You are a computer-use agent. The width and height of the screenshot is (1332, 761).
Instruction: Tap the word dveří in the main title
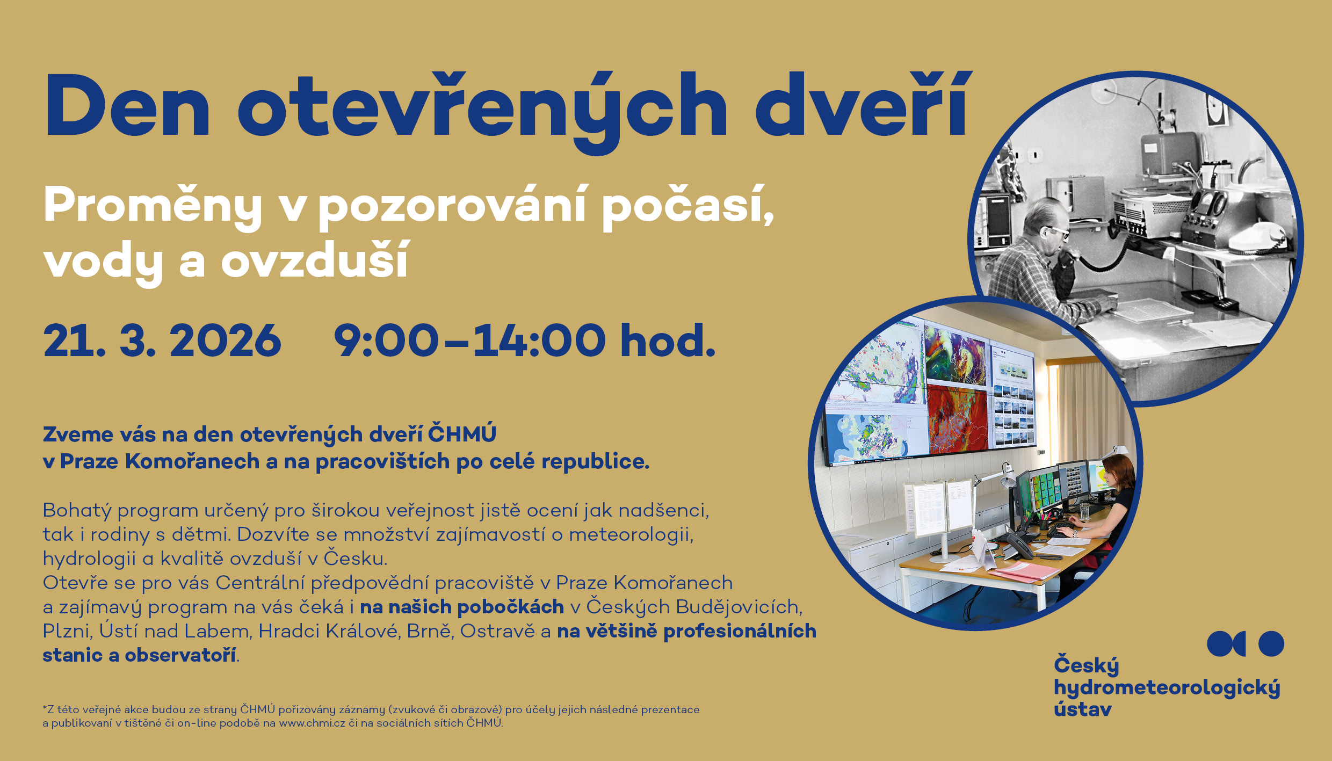[x=863, y=106]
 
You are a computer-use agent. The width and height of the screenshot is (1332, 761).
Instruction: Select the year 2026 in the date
[x=226, y=340]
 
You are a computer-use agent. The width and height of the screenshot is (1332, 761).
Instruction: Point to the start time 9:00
[x=386, y=340]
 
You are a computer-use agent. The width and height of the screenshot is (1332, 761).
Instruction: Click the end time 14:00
[x=539, y=340]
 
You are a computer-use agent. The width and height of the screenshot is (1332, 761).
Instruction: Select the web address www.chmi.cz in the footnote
[x=312, y=723]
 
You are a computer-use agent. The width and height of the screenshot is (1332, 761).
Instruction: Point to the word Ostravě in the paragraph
[x=497, y=631]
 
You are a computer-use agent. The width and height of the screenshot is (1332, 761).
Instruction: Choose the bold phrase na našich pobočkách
[x=462, y=607]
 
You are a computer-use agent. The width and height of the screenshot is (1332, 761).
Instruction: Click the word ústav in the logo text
[x=1082, y=709]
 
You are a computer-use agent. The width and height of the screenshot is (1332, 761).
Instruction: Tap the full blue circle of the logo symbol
[x=1271, y=643]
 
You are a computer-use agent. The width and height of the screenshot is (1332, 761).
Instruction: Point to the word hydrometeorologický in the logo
[x=1167, y=688]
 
